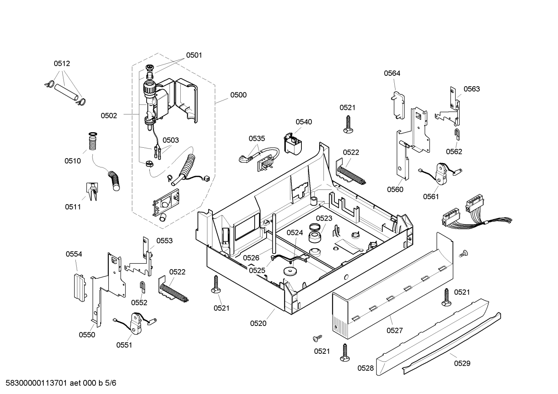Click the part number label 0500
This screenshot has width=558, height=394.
tap(238, 95)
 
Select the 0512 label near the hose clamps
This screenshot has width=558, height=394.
tap(62, 63)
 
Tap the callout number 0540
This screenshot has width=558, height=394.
tap(304, 122)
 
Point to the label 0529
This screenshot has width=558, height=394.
tap(462, 363)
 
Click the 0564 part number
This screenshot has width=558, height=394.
tap(392, 73)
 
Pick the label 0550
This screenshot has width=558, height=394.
tap(87, 335)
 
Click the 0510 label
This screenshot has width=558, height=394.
tap(73, 161)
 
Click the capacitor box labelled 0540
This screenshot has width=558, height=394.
tap(293, 145)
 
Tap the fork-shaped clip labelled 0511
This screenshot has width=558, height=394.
tap(92, 191)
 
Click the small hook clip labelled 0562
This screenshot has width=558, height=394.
tap(457, 135)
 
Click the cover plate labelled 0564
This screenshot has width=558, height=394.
tap(397, 105)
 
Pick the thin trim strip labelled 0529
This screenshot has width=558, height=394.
tap(451, 343)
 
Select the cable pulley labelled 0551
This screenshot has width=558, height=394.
tap(135, 323)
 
